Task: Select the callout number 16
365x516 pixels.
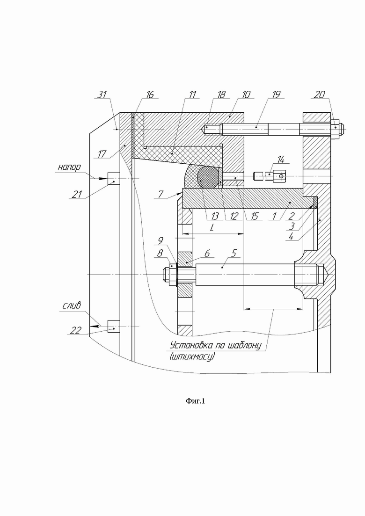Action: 150,95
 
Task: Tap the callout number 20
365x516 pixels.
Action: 319,95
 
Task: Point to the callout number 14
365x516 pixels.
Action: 281,160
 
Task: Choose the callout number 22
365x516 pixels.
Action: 75,330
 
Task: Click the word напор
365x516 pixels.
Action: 69,167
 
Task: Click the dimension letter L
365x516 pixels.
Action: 212,228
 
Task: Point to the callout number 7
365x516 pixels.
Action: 161,195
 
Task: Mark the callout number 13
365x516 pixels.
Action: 215,216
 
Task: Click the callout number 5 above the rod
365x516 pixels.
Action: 234,253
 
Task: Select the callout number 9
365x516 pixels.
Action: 161,241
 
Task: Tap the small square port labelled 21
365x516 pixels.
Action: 114,179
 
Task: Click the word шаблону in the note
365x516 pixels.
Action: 245,346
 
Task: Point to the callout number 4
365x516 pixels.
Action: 291,236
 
